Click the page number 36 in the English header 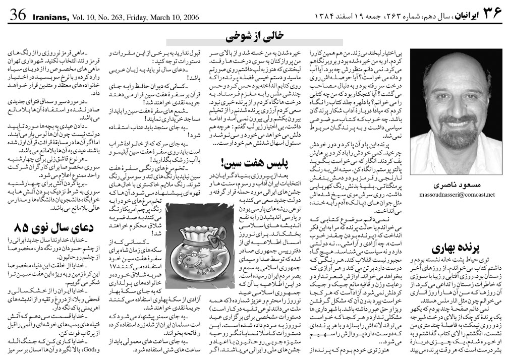click(17, 16)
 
